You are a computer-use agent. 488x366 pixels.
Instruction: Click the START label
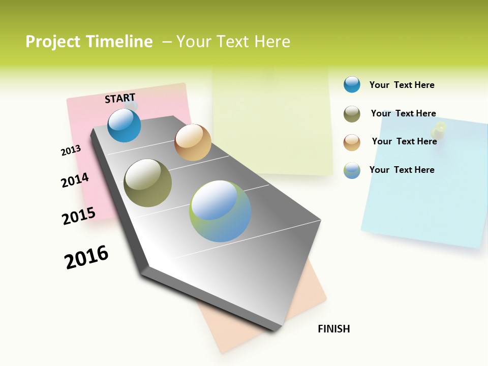pos(120,98)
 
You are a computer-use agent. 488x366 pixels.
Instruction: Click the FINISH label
pos(333,329)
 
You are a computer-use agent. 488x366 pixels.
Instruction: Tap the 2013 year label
pos(71,150)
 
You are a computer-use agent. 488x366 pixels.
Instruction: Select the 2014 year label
pos(75,180)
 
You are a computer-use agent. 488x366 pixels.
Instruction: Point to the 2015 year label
pos(79,216)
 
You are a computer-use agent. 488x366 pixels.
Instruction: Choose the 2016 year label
pos(86,257)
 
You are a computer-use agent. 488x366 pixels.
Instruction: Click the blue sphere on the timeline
pos(124,125)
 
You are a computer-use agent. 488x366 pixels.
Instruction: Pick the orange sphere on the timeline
pos(193,142)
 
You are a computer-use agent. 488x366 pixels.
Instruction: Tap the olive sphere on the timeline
pos(147,183)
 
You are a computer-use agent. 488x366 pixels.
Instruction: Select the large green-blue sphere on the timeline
pos(220,211)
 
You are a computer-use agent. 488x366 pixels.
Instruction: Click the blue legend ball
pos(352,84)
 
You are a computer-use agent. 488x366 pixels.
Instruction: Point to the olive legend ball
pos(352,114)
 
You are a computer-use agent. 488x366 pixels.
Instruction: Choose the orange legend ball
pos(352,142)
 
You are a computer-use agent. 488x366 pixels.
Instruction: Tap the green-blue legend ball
pos(352,170)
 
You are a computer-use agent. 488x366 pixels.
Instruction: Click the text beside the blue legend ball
pos(402,85)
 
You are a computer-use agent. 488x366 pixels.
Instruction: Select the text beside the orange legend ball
pos(404,141)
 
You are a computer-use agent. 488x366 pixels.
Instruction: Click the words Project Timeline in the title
pos(89,42)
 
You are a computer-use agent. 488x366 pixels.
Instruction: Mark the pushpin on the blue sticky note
pos(440,129)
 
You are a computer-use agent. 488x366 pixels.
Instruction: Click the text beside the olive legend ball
pos(403,113)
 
